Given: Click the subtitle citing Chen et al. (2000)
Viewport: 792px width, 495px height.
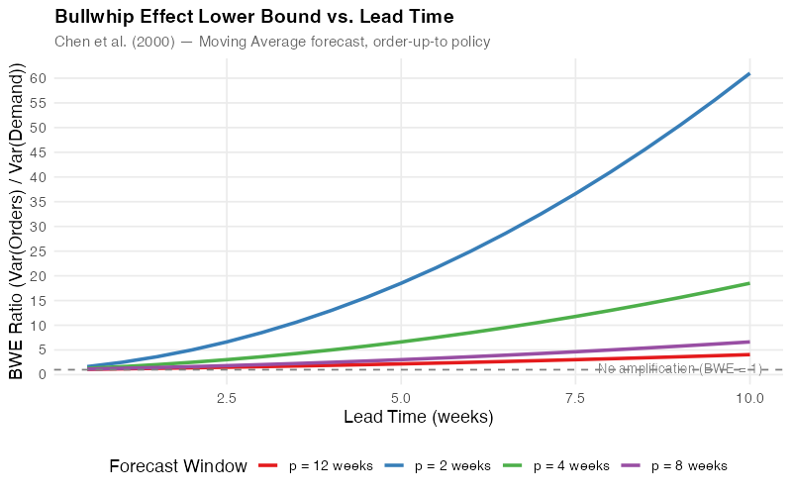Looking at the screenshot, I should coord(272,42).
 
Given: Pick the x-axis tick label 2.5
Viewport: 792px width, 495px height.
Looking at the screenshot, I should coord(227,397).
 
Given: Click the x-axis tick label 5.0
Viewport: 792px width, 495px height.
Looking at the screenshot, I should coord(401,397).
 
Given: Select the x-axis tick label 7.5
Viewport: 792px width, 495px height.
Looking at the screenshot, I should coord(575,397).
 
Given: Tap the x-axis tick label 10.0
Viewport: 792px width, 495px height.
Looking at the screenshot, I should coord(749,397).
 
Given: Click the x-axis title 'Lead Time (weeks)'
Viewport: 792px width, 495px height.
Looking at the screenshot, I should coord(418,417).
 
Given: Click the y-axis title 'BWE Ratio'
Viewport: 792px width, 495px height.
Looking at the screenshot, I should coord(17,222).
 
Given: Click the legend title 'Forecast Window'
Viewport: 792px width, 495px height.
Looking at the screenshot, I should coord(178,465).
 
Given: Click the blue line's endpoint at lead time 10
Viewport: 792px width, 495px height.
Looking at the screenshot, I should coord(749,73).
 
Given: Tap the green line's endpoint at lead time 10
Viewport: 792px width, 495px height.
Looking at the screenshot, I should coord(749,283).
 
